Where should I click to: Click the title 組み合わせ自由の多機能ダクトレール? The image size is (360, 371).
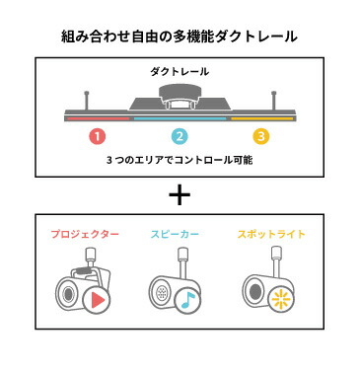pos(180,37)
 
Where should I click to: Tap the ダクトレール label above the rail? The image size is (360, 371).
pos(180,72)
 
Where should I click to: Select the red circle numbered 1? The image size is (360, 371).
pos(98,136)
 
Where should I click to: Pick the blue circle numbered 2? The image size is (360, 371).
pos(180,136)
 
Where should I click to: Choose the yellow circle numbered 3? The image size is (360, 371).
pos(260,136)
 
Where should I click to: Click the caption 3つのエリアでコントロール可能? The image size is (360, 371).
pos(180,158)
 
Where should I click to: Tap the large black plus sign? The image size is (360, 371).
pos(180,193)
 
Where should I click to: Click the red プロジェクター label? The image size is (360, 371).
pos(85,235)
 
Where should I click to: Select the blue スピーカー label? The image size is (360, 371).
pos(179,235)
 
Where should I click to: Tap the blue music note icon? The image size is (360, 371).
pos(187,300)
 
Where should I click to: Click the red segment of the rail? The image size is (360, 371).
pos(98,117)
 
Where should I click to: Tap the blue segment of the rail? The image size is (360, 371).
pos(180,117)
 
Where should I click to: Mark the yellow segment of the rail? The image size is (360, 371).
pos(262,117)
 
